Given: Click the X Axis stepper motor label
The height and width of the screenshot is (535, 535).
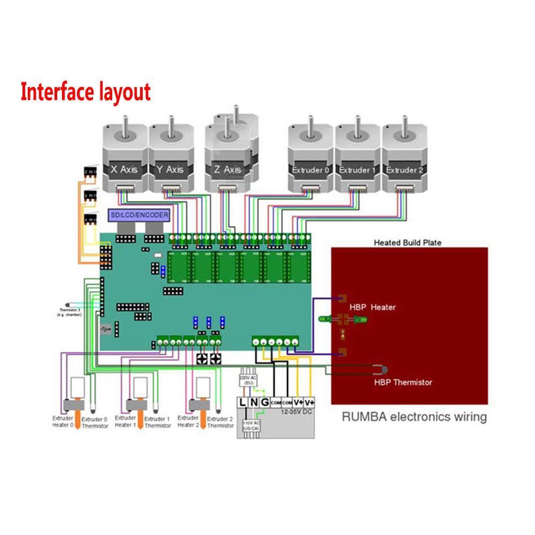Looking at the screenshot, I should coord(123,169).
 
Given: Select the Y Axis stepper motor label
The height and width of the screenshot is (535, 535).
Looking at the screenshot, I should coord(170,169).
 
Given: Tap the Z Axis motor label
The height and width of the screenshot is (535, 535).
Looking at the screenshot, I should coord(227,169).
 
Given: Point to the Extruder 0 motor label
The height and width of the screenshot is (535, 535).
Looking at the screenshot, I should coord(309,170).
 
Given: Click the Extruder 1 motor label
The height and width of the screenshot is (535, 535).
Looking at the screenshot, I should coord(356,170).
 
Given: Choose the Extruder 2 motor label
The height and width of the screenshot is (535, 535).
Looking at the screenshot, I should coord(404,170).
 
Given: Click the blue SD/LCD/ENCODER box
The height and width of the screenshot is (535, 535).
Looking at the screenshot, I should coord(139,215).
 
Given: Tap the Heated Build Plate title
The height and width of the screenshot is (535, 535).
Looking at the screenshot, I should coord(407,243).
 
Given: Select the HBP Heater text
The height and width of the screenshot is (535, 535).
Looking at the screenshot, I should coord(373,307).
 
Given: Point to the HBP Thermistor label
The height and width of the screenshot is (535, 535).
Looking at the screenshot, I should coord(403,382).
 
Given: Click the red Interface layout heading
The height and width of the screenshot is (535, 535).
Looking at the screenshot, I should coord(86,92).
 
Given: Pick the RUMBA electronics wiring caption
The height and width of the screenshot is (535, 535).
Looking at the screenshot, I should coord(414,416).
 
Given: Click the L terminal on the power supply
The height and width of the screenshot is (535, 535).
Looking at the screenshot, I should coord(243,401).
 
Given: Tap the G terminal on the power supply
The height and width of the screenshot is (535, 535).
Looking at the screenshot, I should coord(263,401).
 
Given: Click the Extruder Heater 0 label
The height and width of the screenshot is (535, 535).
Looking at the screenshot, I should coord(63,422).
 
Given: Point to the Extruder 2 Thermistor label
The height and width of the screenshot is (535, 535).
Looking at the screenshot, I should coord(220,422).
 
